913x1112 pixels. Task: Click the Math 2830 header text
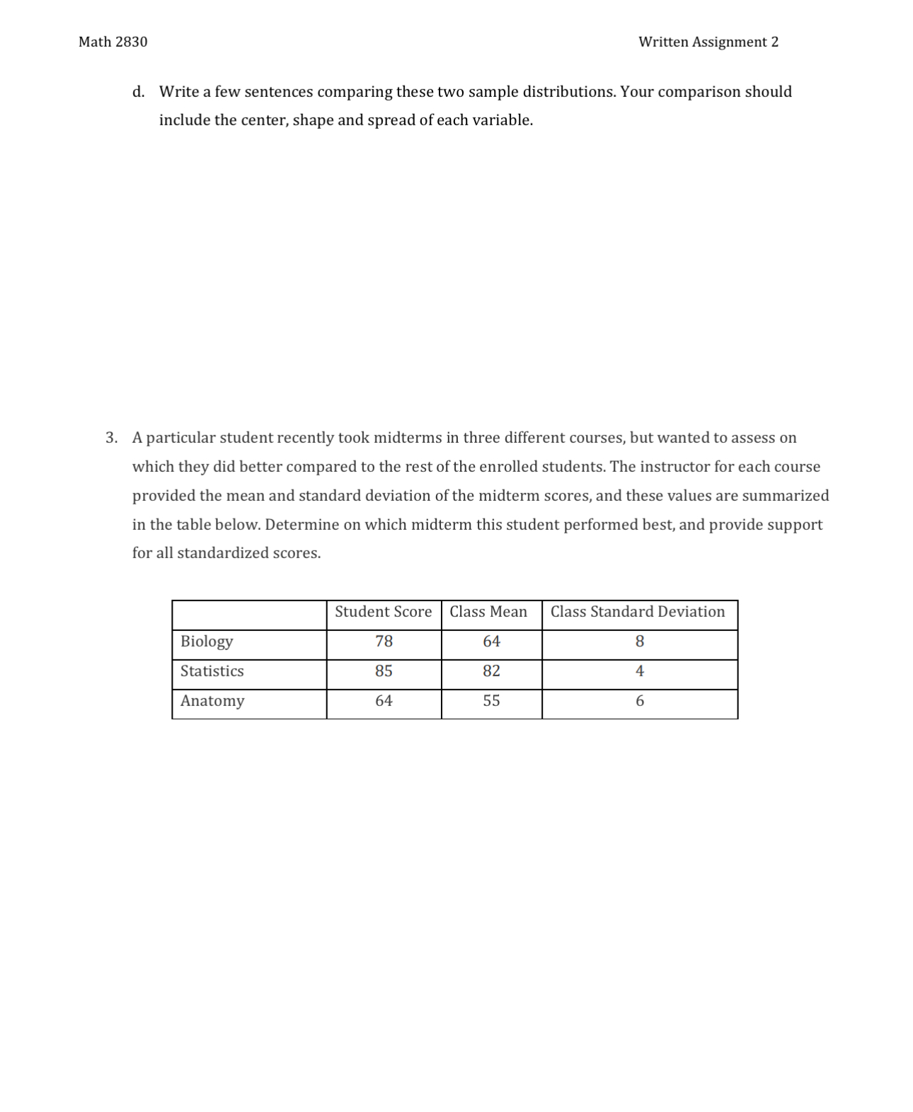click(113, 42)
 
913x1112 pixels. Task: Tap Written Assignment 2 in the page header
click(708, 42)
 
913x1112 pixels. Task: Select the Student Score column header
click(383, 612)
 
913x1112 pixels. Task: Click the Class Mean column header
click(488, 612)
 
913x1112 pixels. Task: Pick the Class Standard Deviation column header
click(638, 612)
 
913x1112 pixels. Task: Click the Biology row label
click(207, 642)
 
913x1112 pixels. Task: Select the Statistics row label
click(212, 671)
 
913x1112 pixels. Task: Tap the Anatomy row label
click(212, 701)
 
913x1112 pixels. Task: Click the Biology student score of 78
click(384, 642)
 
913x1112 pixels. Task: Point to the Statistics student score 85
click(384, 671)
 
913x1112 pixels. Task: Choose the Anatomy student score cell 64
click(384, 701)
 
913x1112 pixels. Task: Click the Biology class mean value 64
click(491, 642)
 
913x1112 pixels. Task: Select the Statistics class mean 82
click(491, 671)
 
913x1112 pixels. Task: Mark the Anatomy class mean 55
click(491, 701)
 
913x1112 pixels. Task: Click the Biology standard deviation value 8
click(640, 642)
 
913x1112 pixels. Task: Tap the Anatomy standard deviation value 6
click(640, 701)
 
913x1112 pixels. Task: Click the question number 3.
click(111, 438)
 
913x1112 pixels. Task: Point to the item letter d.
click(138, 92)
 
